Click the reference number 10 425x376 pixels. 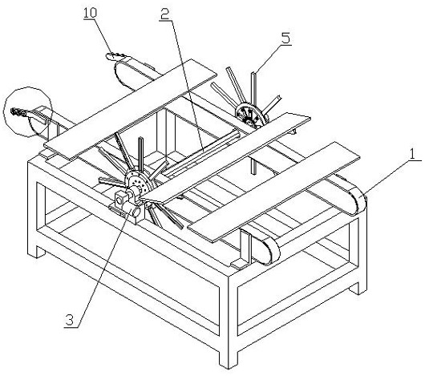[91, 13]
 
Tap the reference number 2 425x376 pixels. [165, 14]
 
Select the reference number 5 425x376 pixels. [285, 38]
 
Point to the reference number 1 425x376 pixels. [412, 155]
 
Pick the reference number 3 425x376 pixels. [70, 321]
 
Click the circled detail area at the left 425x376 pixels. [27, 111]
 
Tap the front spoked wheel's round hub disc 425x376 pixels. [138, 181]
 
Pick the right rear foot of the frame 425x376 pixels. [358, 288]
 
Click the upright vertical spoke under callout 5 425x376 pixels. [253, 122]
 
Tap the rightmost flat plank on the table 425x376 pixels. [273, 192]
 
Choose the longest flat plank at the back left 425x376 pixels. [130, 109]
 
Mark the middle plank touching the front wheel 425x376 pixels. [225, 158]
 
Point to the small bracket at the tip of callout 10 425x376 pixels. [115, 56]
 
